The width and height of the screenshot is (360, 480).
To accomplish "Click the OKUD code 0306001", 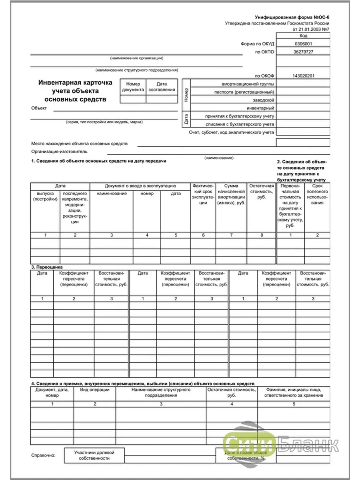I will pos(303,44).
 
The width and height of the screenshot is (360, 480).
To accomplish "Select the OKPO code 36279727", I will pos(303,52).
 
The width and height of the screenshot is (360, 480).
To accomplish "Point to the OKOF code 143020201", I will pos(303,76).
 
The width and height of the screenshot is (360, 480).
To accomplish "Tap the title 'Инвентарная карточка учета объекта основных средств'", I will pos(76,91).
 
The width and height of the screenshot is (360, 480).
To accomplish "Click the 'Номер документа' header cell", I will pos(133,87).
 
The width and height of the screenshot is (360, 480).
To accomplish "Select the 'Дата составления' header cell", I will pos(162,87).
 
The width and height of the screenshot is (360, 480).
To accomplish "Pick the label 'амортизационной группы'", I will pos(248,84).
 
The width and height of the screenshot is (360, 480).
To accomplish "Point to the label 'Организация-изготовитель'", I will pos(59,152).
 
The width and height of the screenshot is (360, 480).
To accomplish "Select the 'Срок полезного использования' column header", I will pos(317,194).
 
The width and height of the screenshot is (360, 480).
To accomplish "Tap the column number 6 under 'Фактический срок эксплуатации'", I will pos(203,235).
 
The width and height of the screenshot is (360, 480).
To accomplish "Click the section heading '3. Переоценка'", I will pos(47,267).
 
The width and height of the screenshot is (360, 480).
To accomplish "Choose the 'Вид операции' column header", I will pos(95,389).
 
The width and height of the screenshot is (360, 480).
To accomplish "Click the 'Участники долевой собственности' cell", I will pos(94,455).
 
